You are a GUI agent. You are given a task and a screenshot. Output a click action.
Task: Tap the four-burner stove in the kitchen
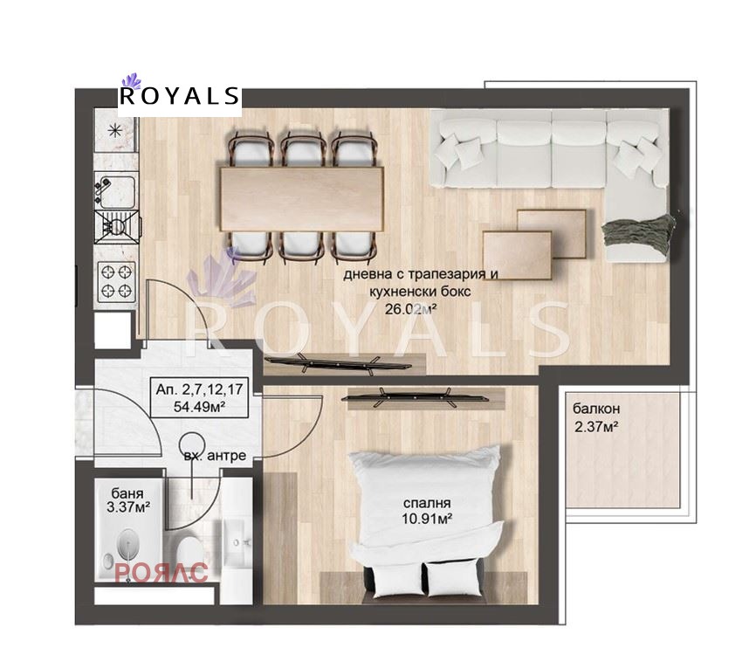[116, 281]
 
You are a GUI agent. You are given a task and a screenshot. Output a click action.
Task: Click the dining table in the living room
[302, 198]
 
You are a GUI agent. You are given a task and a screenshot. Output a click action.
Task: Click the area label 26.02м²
[410, 309]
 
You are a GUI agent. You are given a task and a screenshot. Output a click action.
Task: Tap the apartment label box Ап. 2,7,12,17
[200, 396]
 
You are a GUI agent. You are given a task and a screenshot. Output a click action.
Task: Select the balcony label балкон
[596, 409]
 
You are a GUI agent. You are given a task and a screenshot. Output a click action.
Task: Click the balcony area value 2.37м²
[596, 426]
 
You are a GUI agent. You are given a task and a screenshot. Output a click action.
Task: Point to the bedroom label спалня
[427, 503]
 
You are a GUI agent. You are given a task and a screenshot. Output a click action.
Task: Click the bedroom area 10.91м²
[427, 520]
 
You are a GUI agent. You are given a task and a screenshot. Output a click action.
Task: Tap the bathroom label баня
[127, 493]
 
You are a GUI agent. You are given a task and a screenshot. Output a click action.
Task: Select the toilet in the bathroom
[187, 552]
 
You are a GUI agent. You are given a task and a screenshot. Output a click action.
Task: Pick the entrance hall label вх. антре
[215, 456]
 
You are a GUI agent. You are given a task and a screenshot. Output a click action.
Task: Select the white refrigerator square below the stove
[113, 330]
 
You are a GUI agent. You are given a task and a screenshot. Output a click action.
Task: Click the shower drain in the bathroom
[127, 543]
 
